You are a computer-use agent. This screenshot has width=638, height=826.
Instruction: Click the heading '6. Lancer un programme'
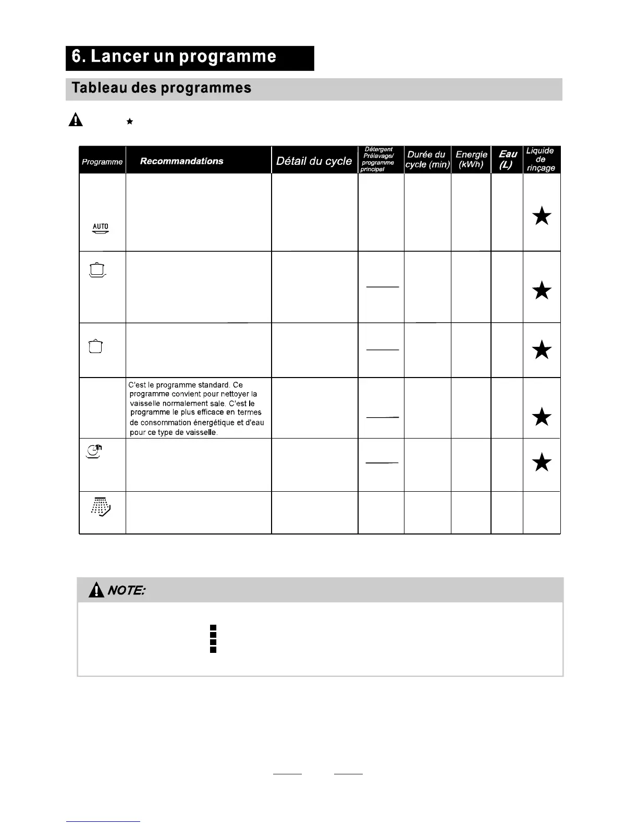pyautogui.click(x=174, y=57)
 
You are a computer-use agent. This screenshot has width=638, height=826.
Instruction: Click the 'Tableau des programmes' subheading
pyautogui.click(x=162, y=88)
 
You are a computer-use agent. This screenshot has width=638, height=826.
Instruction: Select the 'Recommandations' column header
pyautogui.click(x=181, y=161)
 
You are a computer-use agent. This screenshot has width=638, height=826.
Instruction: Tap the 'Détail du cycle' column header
pyautogui.click(x=314, y=161)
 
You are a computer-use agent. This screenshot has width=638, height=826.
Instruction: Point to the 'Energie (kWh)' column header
pyautogui.click(x=471, y=160)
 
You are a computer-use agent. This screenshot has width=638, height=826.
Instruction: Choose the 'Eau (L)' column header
pyautogui.click(x=507, y=160)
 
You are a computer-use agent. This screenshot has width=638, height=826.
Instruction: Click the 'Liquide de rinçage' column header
pyautogui.click(x=541, y=160)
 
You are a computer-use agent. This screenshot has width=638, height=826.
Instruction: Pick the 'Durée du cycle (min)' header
pyautogui.click(x=427, y=160)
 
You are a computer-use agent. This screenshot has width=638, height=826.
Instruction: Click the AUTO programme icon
pyautogui.click(x=101, y=229)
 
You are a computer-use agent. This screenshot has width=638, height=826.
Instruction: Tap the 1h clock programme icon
pyautogui.click(x=94, y=451)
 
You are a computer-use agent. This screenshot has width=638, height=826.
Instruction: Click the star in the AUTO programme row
pyautogui.click(x=542, y=215)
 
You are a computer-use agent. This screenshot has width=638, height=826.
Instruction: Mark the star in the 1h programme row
pyautogui.click(x=542, y=462)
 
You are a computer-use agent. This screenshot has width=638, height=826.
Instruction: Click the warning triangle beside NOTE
pyautogui.click(x=96, y=590)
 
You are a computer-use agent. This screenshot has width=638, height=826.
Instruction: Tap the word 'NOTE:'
pyautogui.click(x=126, y=590)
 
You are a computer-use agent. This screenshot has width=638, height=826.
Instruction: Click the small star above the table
pyautogui.click(x=130, y=122)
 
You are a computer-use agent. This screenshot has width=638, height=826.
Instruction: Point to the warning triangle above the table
pyautogui.click(x=76, y=120)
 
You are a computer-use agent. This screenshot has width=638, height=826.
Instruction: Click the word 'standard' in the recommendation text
pyautogui.click(x=213, y=385)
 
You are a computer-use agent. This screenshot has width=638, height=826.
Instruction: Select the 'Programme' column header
pyautogui.click(x=102, y=162)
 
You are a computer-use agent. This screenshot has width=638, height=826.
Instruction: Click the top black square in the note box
pyautogui.click(x=213, y=627)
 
